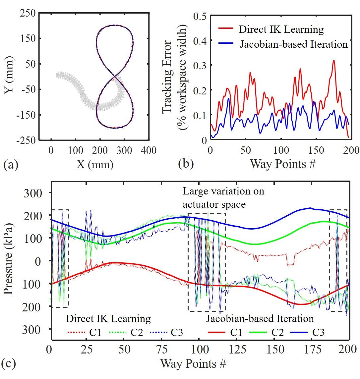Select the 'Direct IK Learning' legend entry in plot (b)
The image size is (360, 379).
point(281,29)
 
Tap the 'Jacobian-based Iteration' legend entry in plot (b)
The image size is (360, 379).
point(293,44)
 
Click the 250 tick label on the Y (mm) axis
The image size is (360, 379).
point(28,13)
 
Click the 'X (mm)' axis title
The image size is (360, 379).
point(95,164)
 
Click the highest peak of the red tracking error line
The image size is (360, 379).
point(334,60)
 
